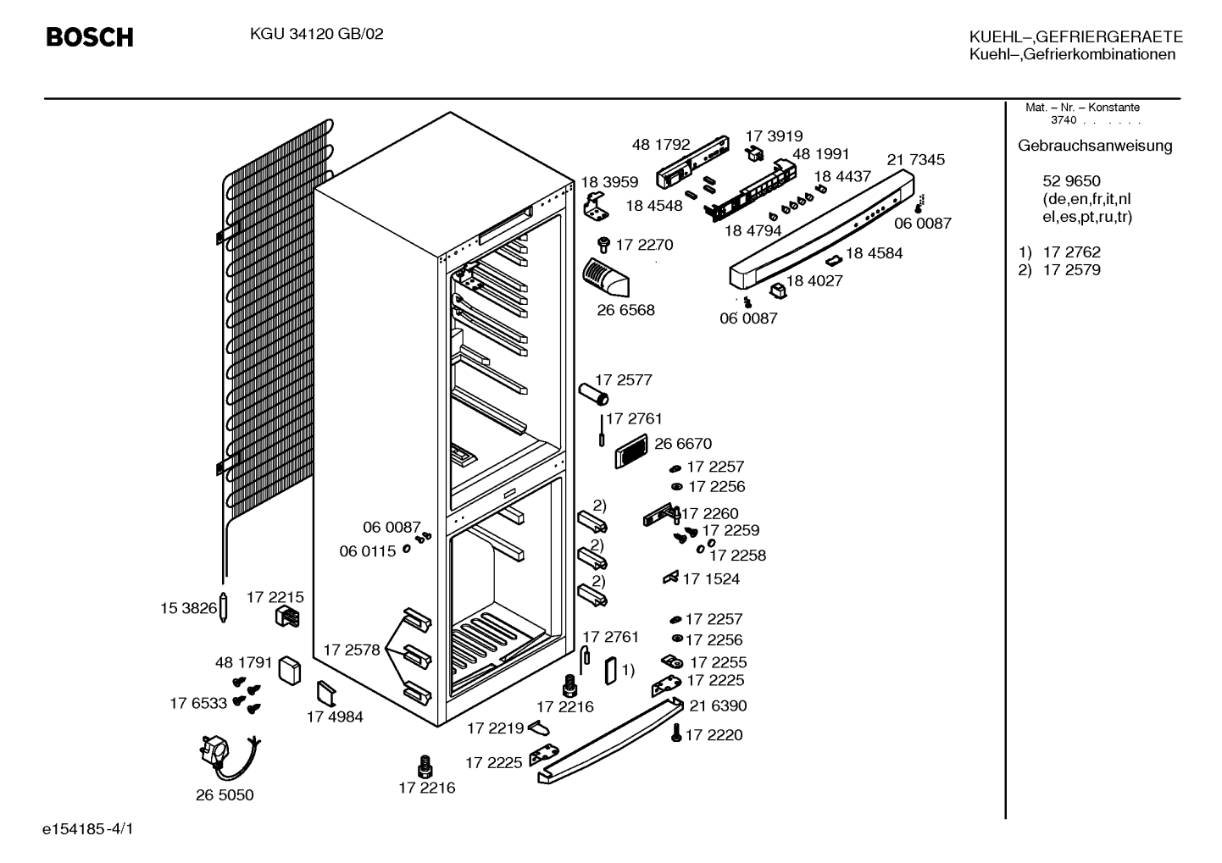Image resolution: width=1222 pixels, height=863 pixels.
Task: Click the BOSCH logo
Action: click(90, 37)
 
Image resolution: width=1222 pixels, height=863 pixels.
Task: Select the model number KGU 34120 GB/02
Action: click(316, 34)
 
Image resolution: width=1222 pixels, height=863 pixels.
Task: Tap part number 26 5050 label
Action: click(225, 795)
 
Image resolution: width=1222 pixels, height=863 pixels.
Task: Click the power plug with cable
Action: click(229, 759)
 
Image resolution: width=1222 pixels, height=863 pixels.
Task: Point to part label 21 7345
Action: click(915, 160)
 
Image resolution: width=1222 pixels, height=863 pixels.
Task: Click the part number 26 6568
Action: click(625, 310)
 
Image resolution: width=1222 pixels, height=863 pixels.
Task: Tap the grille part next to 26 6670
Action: click(631, 451)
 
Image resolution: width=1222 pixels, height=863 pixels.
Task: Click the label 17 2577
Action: click(624, 380)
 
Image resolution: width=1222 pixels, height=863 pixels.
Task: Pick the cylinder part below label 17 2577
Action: click(594, 394)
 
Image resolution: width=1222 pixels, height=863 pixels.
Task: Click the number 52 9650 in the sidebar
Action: click(1071, 181)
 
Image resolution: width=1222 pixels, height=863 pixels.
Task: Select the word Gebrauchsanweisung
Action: click(1095, 147)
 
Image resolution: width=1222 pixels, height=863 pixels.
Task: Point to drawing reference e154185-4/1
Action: click(88, 829)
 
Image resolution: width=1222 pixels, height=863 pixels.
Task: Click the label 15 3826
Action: click(188, 608)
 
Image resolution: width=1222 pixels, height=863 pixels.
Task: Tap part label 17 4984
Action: click(335, 716)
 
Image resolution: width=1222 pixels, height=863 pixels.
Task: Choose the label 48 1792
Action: click(661, 145)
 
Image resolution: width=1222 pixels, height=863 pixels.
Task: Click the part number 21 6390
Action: click(718, 706)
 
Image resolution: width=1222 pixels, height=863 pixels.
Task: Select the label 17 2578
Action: click(352, 650)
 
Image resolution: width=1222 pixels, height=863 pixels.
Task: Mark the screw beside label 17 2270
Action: click(603, 244)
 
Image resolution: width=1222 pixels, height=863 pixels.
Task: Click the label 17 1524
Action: click(711, 579)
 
